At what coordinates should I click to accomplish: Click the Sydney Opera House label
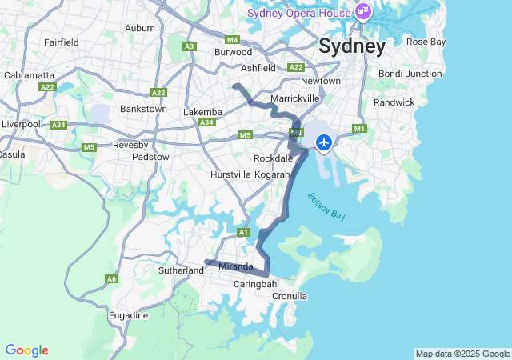coord(298,12)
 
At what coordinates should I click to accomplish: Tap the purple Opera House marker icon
coord(363,12)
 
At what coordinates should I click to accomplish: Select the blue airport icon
coord(324,142)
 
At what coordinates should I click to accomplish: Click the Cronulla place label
coord(290,296)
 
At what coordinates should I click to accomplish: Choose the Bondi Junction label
coord(410,74)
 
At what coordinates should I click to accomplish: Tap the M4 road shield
coord(233,39)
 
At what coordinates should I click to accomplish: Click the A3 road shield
coord(190,46)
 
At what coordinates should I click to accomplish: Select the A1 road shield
coord(244,232)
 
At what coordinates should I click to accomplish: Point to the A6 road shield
coord(111,278)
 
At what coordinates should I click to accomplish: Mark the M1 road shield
coord(358,129)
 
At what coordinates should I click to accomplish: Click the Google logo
coord(26,350)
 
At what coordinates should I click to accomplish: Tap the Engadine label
coord(128,316)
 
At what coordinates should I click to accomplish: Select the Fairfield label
coord(61,42)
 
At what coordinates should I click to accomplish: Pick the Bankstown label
coord(142,108)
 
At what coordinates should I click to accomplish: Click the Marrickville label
coord(295,98)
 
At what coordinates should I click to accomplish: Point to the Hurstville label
coord(230,174)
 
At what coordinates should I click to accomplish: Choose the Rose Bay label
coord(426,42)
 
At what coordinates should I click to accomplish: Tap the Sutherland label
coord(182,270)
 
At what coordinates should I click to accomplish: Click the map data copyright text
coord(462,354)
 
